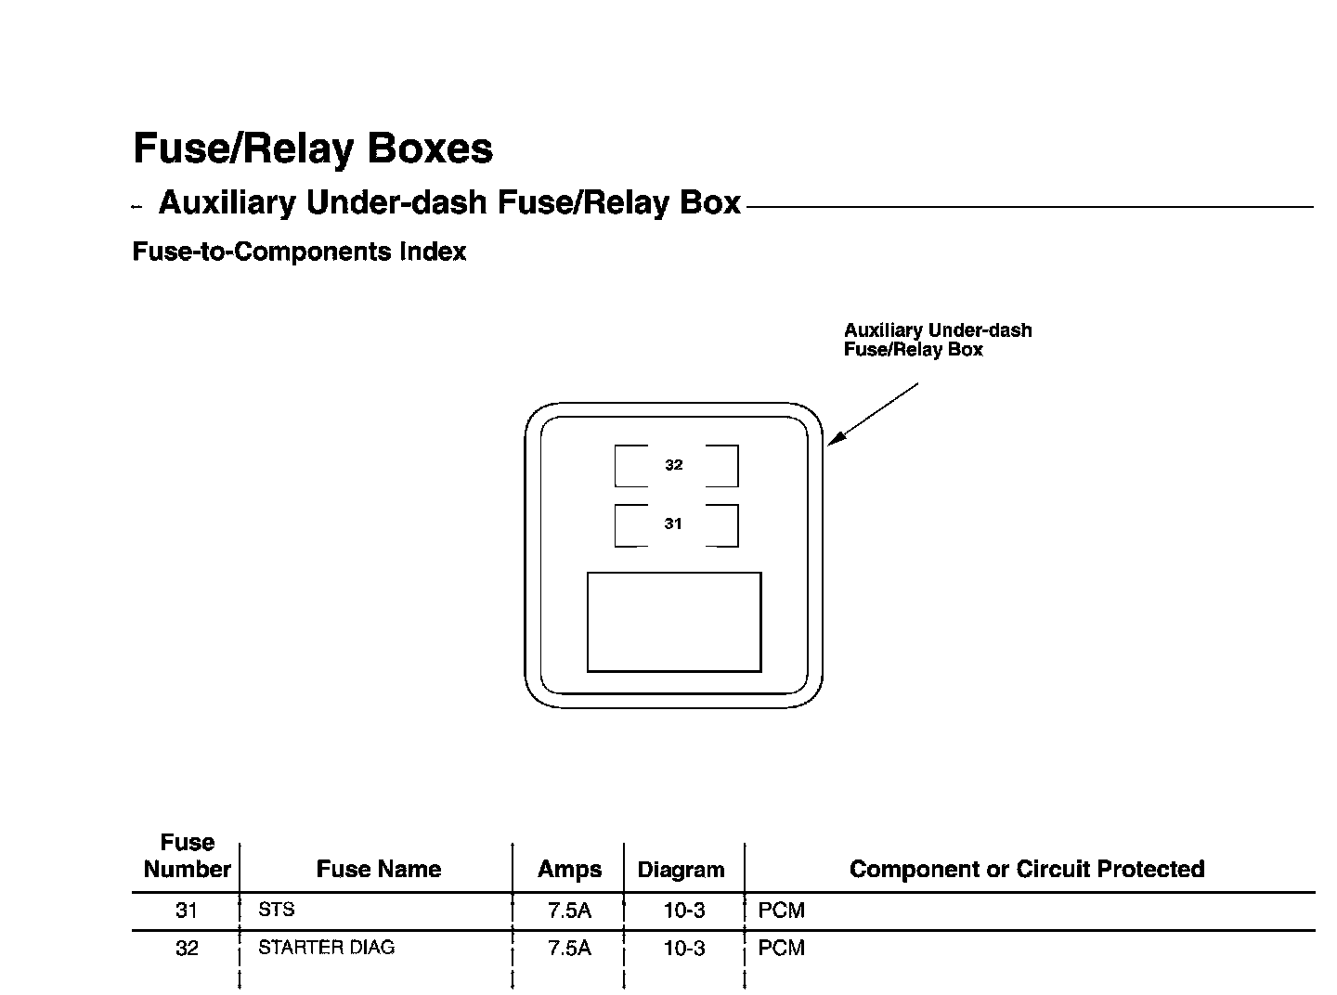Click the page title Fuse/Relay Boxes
point(313,149)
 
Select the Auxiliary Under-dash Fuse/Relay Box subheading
point(449,202)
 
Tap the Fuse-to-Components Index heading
point(299,252)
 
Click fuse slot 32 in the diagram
point(675,465)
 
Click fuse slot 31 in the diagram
point(675,524)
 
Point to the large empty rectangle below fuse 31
point(674,621)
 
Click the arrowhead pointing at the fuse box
point(835,439)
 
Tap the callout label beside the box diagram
point(937,340)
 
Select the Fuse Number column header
point(187,856)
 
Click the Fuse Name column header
point(378,870)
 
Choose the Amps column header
point(569,870)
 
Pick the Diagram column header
point(681,871)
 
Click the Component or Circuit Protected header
point(1027,870)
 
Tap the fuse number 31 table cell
point(187,911)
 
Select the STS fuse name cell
point(277,910)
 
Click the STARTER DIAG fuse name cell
point(326,948)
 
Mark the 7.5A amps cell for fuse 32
point(569,949)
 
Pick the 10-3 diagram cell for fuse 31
point(683,911)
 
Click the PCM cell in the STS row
point(782,911)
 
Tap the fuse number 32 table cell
point(187,949)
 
